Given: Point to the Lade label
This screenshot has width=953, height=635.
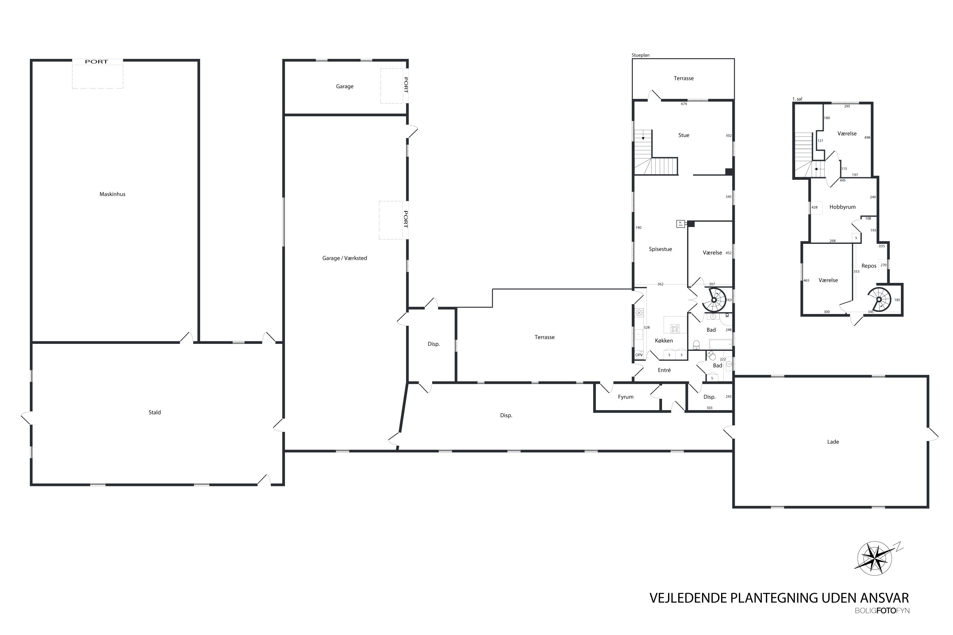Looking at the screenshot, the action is coord(833,442).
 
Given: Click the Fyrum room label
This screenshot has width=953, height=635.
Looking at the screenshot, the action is coord(625,397).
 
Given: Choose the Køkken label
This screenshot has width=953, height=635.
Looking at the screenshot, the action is coord(664,341).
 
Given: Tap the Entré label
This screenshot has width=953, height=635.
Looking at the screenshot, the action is coord(664,370).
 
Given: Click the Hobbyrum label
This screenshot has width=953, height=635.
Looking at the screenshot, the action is coord(842,207).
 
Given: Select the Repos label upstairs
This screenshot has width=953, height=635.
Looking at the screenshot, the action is coord(869,266).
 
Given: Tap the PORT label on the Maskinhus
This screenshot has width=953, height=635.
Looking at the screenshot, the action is coord(97,62).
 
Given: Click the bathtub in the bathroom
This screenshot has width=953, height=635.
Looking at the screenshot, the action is coord(720,344).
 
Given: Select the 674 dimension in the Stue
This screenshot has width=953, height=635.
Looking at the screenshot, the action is coord(684,104).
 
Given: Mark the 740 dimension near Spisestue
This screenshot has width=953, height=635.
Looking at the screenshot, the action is coord(639,228).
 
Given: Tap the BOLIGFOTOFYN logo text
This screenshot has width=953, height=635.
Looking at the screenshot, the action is coord(882,611).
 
